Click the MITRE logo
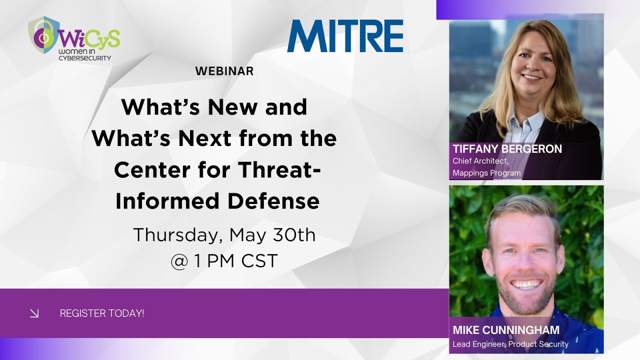pyautogui.click(x=345, y=36)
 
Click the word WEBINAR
pyautogui.click(x=224, y=71)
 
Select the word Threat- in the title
pyautogui.click(x=280, y=170)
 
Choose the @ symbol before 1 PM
pyautogui.click(x=179, y=261)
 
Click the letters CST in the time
pyautogui.click(x=258, y=261)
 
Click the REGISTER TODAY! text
pyautogui.click(x=102, y=313)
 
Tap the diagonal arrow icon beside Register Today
pyautogui.click(x=34, y=313)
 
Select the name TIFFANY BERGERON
pyautogui.click(x=507, y=149)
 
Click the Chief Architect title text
pyautogui.click(x=481, y=161)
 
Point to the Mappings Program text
pyautogui.click(x=486, y=173)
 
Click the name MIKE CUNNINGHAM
pyautogui.click(x=506, y=330)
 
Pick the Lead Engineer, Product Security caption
pyautogui.click(x=510, y=344)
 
